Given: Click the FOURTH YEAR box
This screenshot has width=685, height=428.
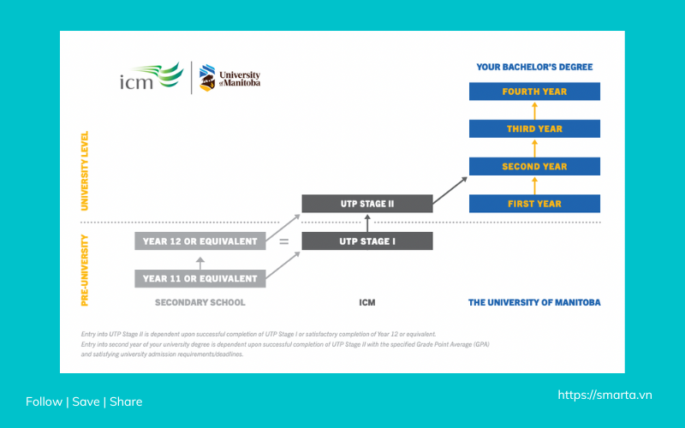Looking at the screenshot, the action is tap(534, 92).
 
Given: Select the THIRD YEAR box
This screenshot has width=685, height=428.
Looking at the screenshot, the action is tap(534, 128).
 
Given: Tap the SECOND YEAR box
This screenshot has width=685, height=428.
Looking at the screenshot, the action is tap(534, 166).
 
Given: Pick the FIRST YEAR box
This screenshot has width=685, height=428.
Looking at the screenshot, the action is tap(534, 204).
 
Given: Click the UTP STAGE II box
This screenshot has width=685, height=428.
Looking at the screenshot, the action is tap(366, 204).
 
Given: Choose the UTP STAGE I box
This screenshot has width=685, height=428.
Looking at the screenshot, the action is tap(366, 241).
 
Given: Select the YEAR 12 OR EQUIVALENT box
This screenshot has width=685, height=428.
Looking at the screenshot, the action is tap(200, 241).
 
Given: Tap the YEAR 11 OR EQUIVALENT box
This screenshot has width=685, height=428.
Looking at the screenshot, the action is tap(200, 278).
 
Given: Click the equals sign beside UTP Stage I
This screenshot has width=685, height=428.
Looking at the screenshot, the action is tap(283, 242).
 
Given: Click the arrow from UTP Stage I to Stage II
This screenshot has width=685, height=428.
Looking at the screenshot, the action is tap(366, 223).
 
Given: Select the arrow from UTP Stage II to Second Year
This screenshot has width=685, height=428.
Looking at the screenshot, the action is tap(450, 190).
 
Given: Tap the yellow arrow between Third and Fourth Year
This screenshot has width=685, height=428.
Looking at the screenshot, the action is tap(534, 110).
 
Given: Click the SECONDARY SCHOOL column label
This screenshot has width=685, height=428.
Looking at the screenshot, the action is tap(200, 302).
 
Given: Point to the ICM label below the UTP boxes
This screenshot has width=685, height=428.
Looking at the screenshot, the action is tap(366, 302).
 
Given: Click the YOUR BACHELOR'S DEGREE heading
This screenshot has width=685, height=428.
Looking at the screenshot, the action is tap(534, 67).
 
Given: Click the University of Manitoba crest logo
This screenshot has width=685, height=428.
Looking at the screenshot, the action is tap(206, 79).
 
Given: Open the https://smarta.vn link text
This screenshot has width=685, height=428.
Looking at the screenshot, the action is tap(605, 395).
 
